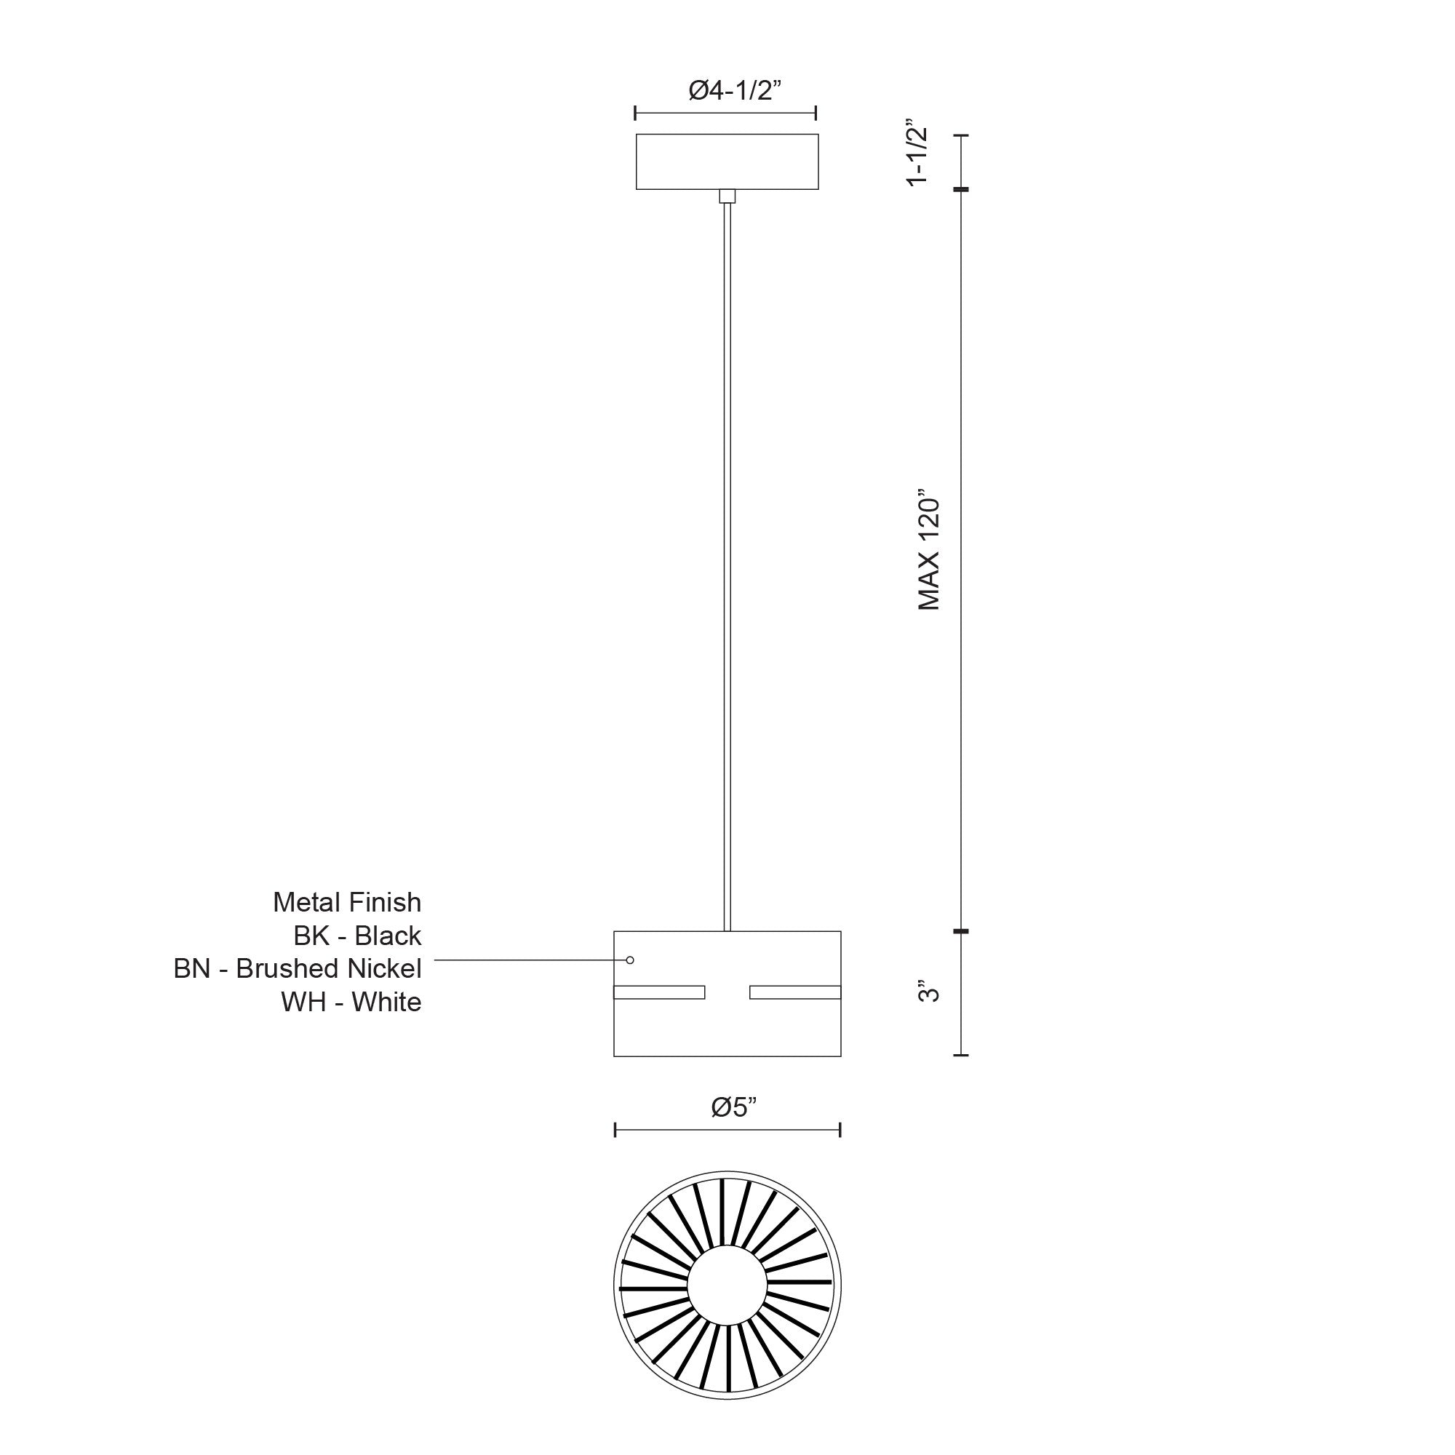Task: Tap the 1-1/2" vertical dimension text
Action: [917, 152]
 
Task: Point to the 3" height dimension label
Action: [930, 991]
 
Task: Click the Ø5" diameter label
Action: [733, 1107]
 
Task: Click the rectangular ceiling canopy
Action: [727, 162]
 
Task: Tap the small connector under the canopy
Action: [727, 196]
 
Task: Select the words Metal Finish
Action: [346, 901]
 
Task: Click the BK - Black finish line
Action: [357, 936]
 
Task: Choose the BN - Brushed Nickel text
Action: [298, 968]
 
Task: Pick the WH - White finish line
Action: [351, 1002]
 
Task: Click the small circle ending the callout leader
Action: [630, 960]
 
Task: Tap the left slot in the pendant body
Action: [659, 992]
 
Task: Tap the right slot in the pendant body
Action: [795, 992]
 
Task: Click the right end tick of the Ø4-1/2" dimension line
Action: [816, 113]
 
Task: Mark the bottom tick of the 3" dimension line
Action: [960, 1055]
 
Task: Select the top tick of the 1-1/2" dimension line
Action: [960, 135]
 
